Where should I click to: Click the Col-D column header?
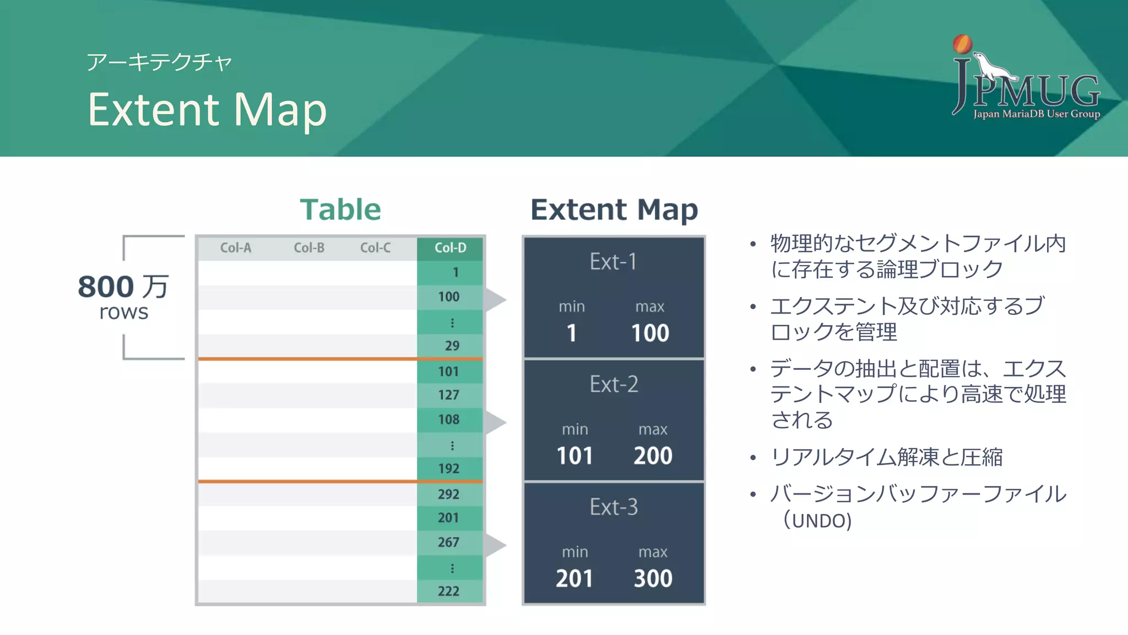[x=450, y=248]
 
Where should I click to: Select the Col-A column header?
[x=236, y=248]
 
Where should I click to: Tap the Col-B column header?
[x=309, y=248]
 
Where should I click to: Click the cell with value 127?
[x=449, y=395]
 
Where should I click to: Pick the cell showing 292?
[x=449, y=494]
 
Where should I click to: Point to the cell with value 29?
[x=452, y=346]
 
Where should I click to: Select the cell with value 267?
[x=449, y=542]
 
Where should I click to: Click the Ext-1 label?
[x=613, y=262]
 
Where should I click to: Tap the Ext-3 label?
[x=614, y=507]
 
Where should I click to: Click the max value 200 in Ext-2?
[x=653, y=456]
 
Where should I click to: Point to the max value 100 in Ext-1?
[x=650, y=333]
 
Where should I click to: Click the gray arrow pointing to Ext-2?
[x=495, y=422]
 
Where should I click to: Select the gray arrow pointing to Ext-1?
[x=495, y=299]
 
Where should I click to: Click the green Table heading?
[x=340, y=210]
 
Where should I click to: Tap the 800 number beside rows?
[x=106, y=287]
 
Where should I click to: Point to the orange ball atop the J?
[x=962, y=44]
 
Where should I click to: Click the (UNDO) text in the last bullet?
[x=817, y=520]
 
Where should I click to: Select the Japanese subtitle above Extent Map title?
[x=159, y=62]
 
